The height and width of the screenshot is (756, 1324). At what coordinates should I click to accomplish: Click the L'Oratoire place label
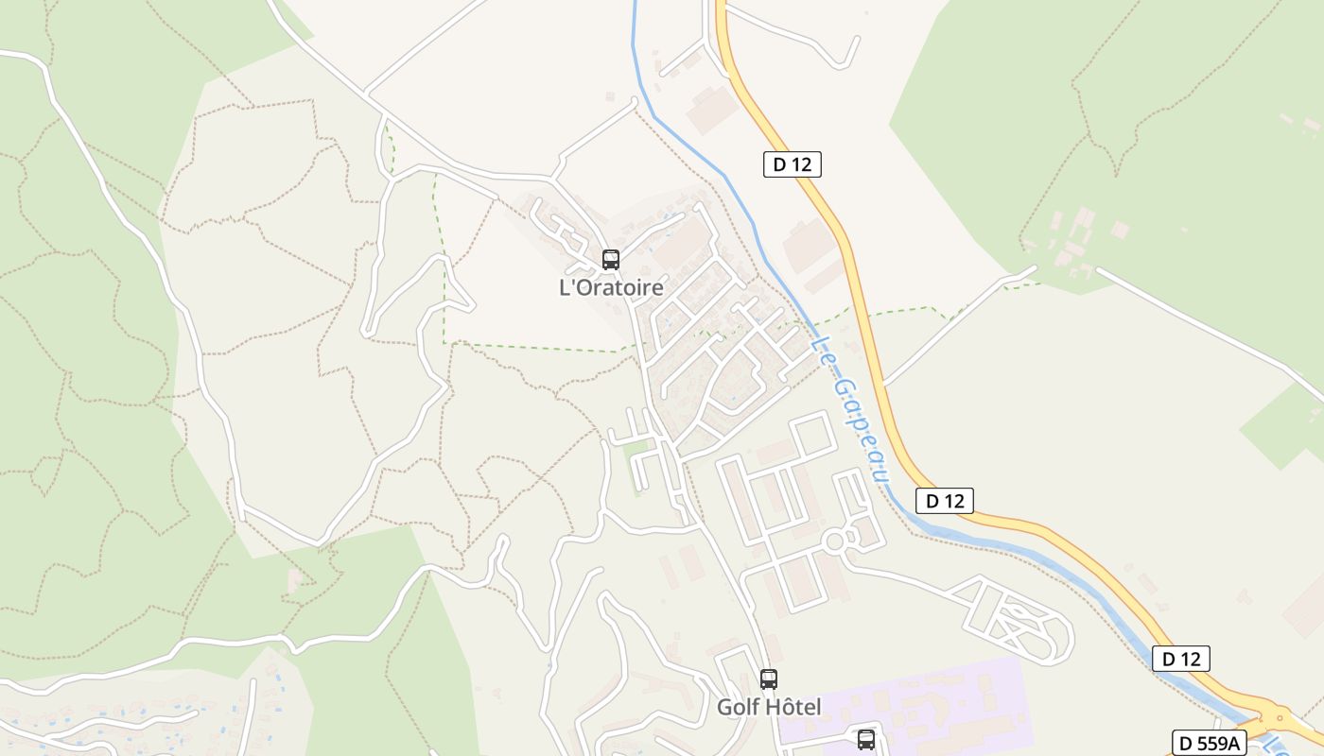(611, 287)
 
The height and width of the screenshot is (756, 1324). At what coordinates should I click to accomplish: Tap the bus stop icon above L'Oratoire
(611, 260)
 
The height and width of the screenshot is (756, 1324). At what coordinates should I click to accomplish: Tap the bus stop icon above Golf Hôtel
(769, 679)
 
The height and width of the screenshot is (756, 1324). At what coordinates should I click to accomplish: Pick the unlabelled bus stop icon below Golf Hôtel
(865, 739)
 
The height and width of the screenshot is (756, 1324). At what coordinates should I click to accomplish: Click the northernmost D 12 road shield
(792, 164)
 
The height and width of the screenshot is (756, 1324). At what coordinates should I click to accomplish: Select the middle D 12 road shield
(944, 501)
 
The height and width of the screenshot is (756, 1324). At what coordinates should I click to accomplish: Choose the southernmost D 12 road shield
(1180, 659)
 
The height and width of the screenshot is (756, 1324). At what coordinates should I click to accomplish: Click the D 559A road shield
(1210, 742)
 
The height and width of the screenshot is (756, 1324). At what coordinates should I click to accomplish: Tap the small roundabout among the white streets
(835, 541)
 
